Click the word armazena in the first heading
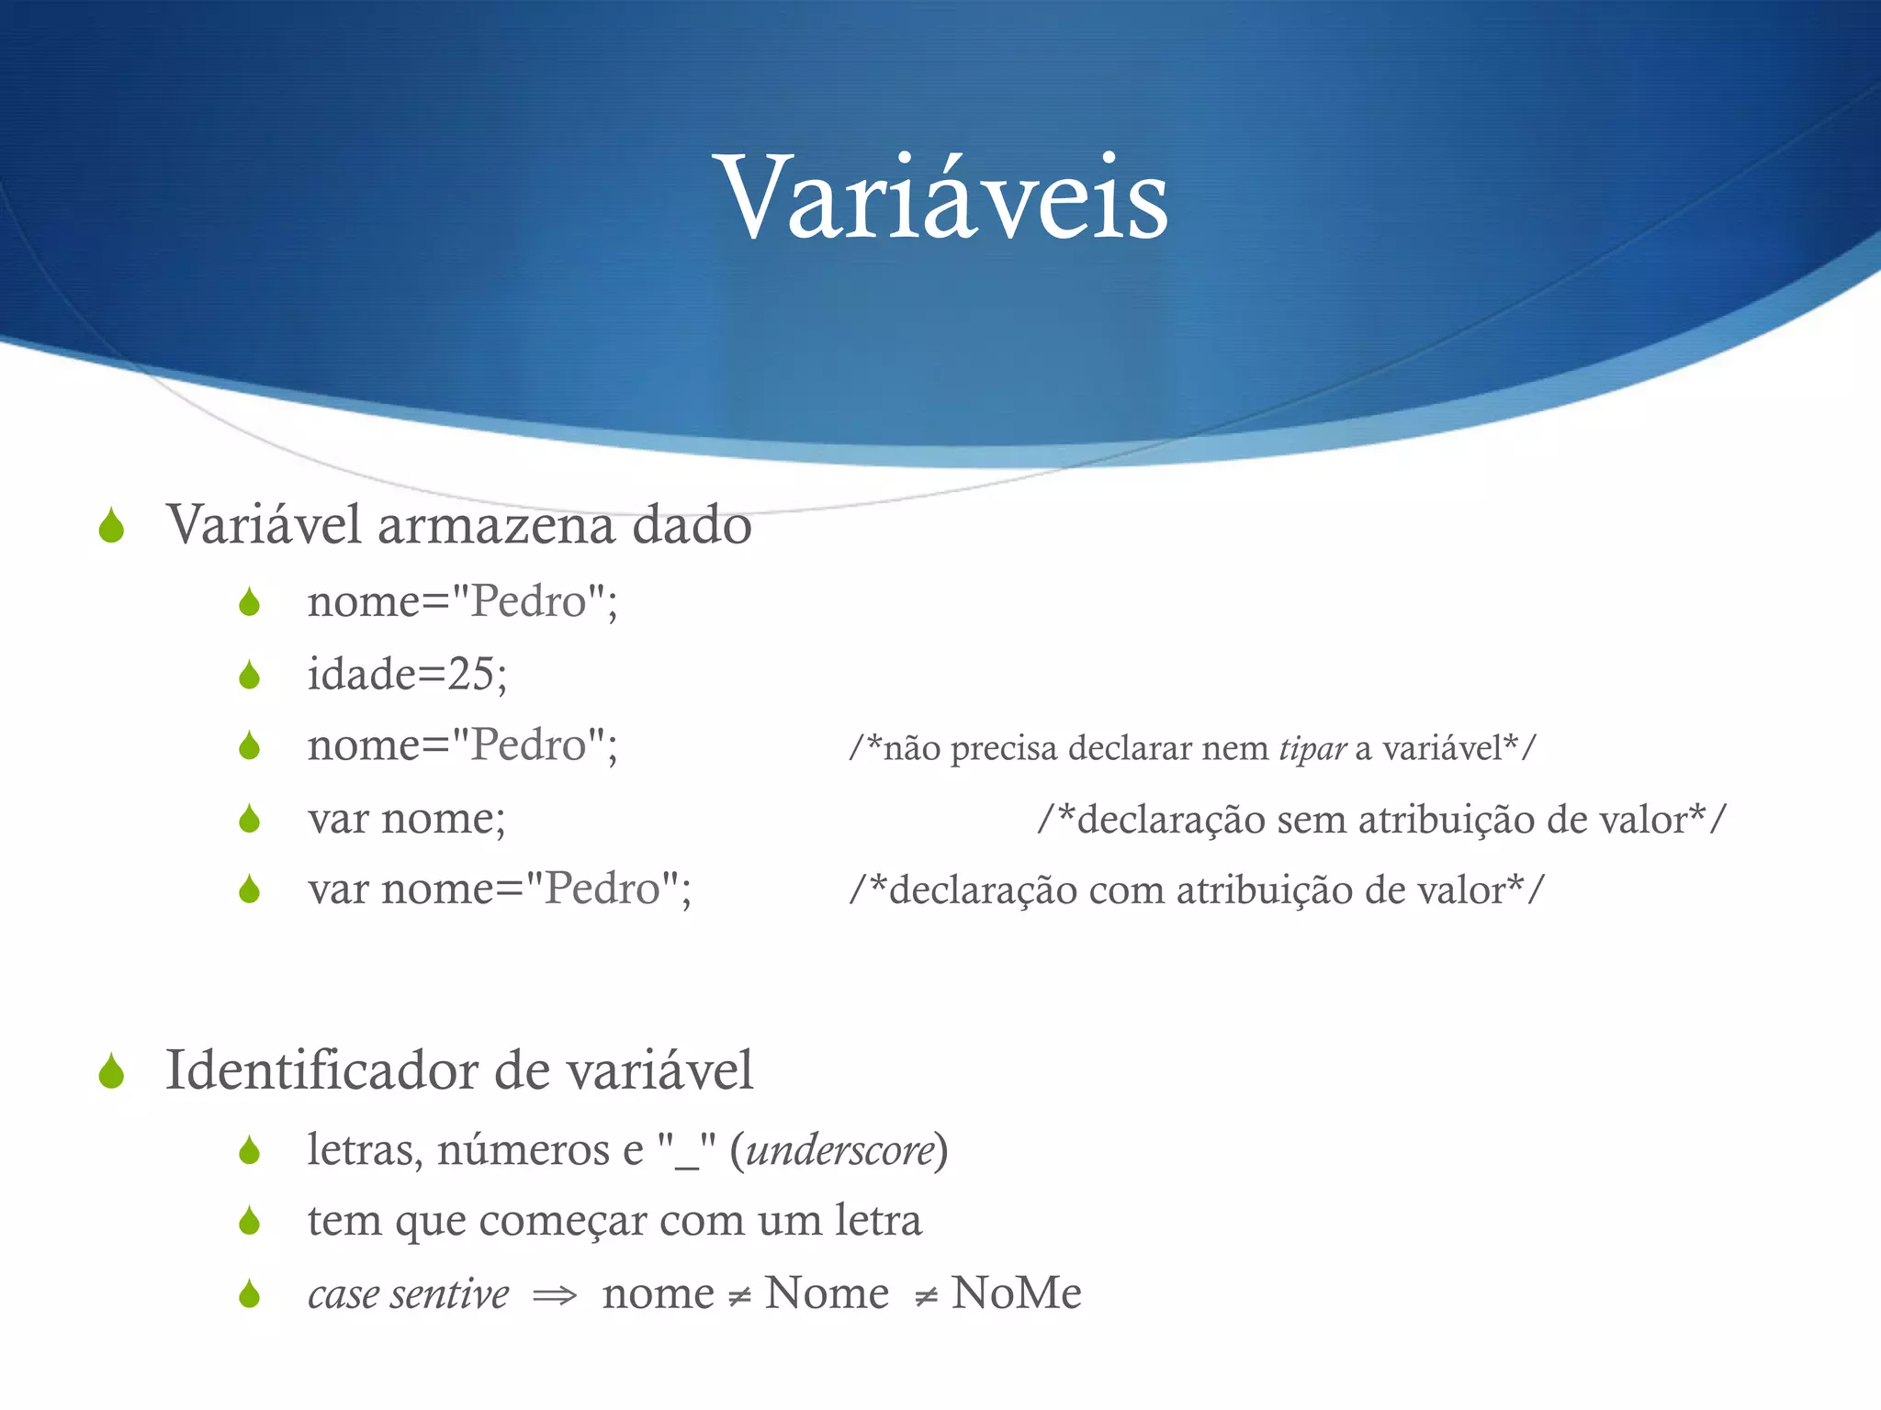[x=495, y=525]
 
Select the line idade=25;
[x=407, y=675]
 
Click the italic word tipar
[x=1312, y=749]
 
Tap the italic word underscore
[x=839, y=1150]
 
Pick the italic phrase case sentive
[x=408, y=1294]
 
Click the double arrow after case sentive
[x=555, y=1295]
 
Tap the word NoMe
[x=1016, y=1293]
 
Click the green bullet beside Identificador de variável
[x=112, y=1071]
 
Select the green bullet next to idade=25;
[x=249, y=676]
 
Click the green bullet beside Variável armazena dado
[x=112, y=526]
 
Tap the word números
[x=523, y=1150]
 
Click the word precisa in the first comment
[x=1004, y=749]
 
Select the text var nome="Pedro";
[x=500, y=890]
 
